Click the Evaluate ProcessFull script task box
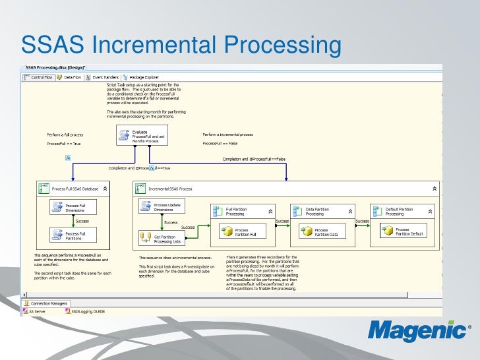[143, 135]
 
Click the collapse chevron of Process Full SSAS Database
[105, 189]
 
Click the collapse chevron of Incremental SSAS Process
[434, 189]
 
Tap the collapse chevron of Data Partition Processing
[349, 212]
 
